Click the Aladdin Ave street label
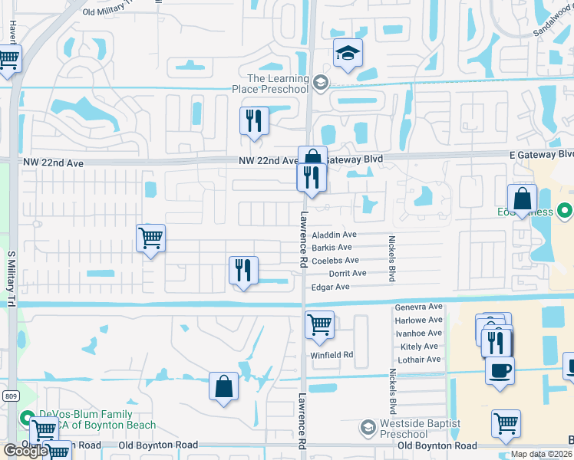coord(334,235)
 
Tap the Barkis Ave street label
coord(332,248)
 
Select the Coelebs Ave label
coord(335,261)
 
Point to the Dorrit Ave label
coord(348,273)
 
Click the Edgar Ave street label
coord(330,287)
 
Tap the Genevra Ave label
coord(418,307)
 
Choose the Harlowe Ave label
coord(418,320)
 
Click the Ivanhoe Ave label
coord(418,333)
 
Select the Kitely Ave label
coord(418,347)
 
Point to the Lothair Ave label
coord(418,359)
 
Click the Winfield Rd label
coord(331,355)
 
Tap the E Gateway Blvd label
coord(541,155)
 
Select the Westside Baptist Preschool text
coord(421,428)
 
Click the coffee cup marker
coord(500,371)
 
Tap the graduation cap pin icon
coord(348,53)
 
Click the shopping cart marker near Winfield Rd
coord(319,324)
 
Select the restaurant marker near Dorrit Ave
coord(243,270)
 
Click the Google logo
coord(25,451)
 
